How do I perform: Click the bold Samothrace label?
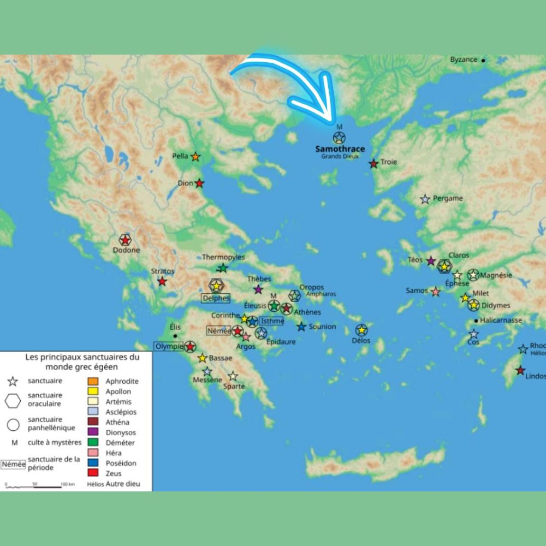(340, 149)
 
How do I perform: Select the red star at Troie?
(373, 163)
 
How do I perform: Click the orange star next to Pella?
(195, 157)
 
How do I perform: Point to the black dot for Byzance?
(483, 60)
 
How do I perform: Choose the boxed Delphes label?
(216, 298)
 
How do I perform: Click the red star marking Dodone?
(125, 240)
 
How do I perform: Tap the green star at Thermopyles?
(222, 268)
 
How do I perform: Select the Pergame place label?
(448, 199)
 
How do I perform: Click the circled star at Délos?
(361, 330)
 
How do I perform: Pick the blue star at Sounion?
(301, 327)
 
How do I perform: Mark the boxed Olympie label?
(168, 346)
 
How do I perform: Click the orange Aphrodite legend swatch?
(93, 381)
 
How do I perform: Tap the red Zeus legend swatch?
(93, 473)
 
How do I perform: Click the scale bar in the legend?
(33, 486)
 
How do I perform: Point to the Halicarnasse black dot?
(476, 321)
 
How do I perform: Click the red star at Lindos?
(520, 370)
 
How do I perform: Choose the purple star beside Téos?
(431, 261)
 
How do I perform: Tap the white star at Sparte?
(233, 376)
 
